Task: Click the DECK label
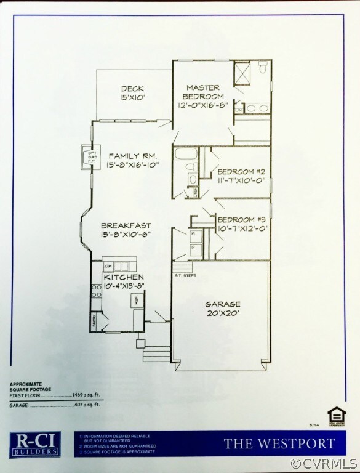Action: [132, 88]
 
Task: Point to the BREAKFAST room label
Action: [126, 225]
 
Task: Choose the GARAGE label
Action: [220, 304]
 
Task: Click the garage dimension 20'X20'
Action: [220, 313]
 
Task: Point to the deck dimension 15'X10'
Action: [132, 97]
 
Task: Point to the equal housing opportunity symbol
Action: [335, 413]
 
